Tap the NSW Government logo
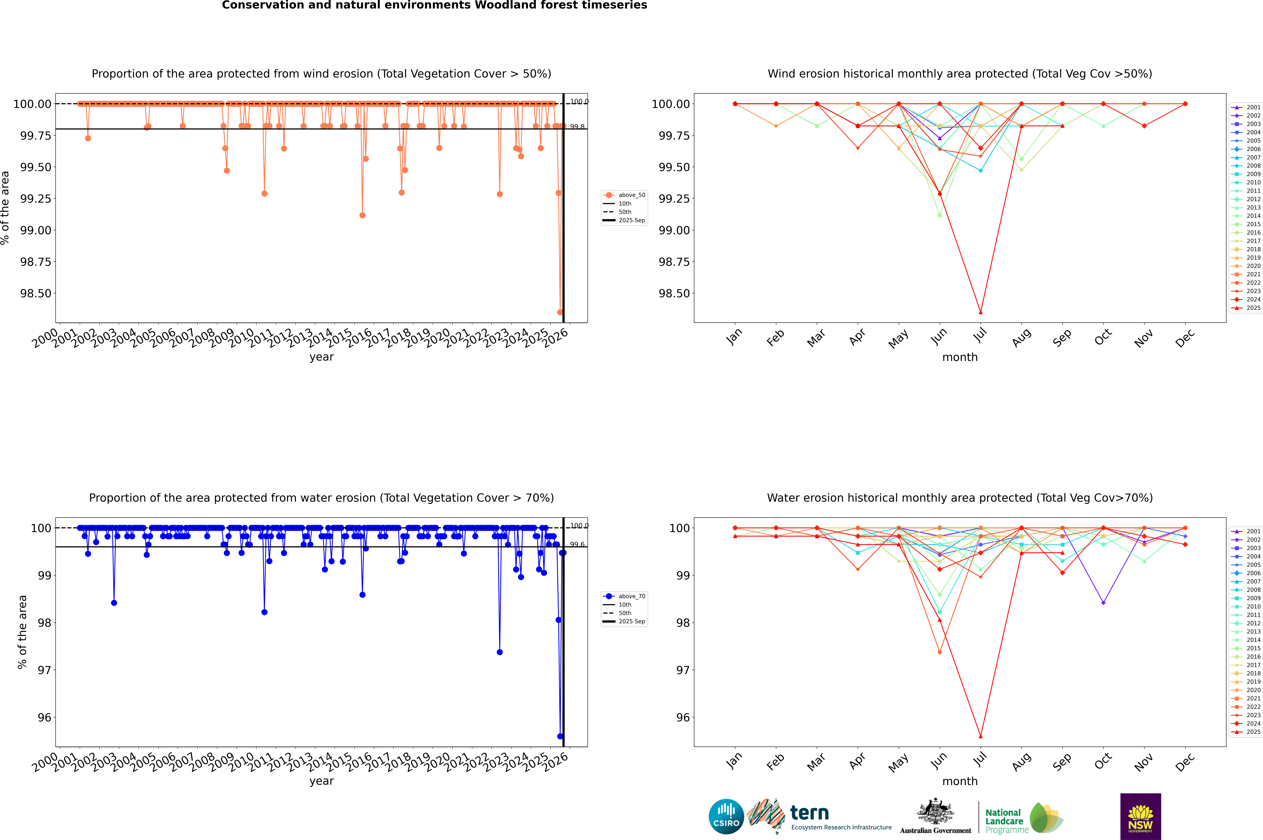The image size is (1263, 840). pos(1140,816)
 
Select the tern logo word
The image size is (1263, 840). pos(810,813)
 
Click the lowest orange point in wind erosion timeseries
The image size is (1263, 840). pos(560,312)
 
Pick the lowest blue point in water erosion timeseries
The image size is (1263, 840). pos(560,736)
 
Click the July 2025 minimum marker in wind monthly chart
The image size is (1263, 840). pos(980,312)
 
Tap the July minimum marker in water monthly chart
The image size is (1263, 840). pos(980,736)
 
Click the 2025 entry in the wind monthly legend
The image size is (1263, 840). pos(1247,308)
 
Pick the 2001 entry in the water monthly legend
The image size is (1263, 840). pos(1247,531)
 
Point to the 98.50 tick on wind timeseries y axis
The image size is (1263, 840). pos(35,294)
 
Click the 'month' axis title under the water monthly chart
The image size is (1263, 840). pos(959,781)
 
